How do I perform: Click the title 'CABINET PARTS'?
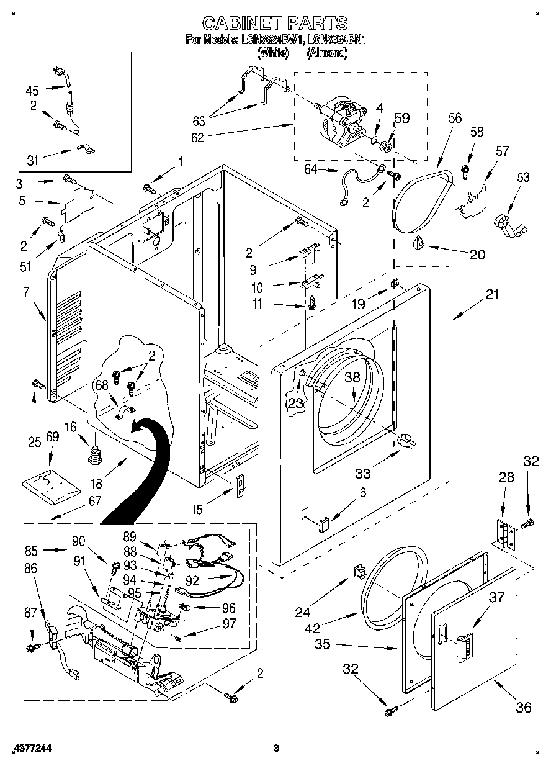point(275,23)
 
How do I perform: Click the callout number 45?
point(32,90)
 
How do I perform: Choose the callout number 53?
point(523,178)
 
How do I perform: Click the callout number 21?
point(491,295)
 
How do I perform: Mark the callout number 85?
point(31,549)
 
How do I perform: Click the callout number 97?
point(228,624)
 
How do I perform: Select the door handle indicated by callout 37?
point(463,649)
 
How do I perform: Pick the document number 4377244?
point(30,749)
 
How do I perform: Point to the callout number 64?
point(313,169)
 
